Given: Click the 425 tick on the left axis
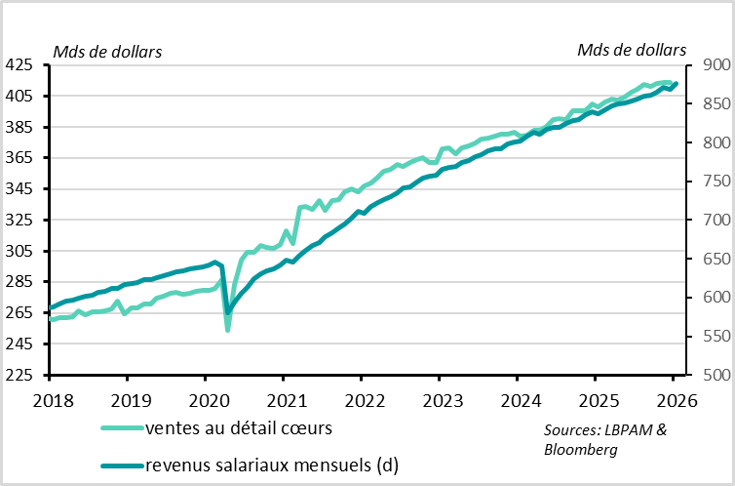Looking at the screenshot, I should tap(21, 65).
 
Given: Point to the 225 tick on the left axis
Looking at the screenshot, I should tap(21, 376).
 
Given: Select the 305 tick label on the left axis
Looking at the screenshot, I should tap(21, 252).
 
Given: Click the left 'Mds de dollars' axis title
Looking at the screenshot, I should tap(107, 50).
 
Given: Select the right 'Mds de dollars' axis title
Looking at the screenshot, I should tap(632, 50).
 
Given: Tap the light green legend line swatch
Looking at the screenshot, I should tap(122, 429).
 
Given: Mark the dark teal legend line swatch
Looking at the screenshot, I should tap(122, 465).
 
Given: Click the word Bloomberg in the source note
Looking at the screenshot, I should tap(580, 449).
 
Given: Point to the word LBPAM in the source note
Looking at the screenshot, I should tap(624, 430).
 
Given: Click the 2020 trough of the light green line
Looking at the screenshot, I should tap(227, 330).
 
